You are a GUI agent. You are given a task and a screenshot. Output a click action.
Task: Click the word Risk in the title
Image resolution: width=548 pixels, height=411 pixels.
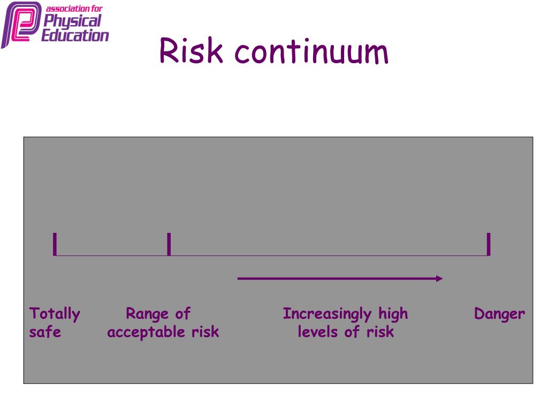click(x=191, y=52)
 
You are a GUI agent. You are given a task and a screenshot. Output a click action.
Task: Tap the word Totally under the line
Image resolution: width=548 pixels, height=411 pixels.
click(x=55, y=314)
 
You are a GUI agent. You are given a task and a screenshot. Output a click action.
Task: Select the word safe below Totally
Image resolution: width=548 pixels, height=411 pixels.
click(x=45, y=332)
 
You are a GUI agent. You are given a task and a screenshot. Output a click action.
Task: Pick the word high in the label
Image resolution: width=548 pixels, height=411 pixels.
click(x=393, y=314)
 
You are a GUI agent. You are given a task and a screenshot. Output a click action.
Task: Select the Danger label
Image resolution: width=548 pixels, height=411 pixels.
click(x=499, y=314)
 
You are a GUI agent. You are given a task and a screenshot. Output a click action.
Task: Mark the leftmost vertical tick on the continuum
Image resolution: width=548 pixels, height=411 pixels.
click(x=55, y=244)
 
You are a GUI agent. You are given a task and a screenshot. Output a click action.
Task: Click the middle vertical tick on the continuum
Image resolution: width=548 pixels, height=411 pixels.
click(x=169, y=244)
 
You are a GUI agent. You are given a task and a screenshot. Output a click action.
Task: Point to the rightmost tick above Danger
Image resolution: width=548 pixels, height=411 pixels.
click(x=489, y=244)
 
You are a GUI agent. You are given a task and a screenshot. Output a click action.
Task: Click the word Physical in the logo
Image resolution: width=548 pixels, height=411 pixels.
click(x=72, y=21)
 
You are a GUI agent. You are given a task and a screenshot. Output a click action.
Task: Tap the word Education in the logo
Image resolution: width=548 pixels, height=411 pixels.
click(x=75, y=35)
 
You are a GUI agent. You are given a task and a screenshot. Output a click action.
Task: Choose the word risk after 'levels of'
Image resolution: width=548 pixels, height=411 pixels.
click(x=380, y=332)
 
